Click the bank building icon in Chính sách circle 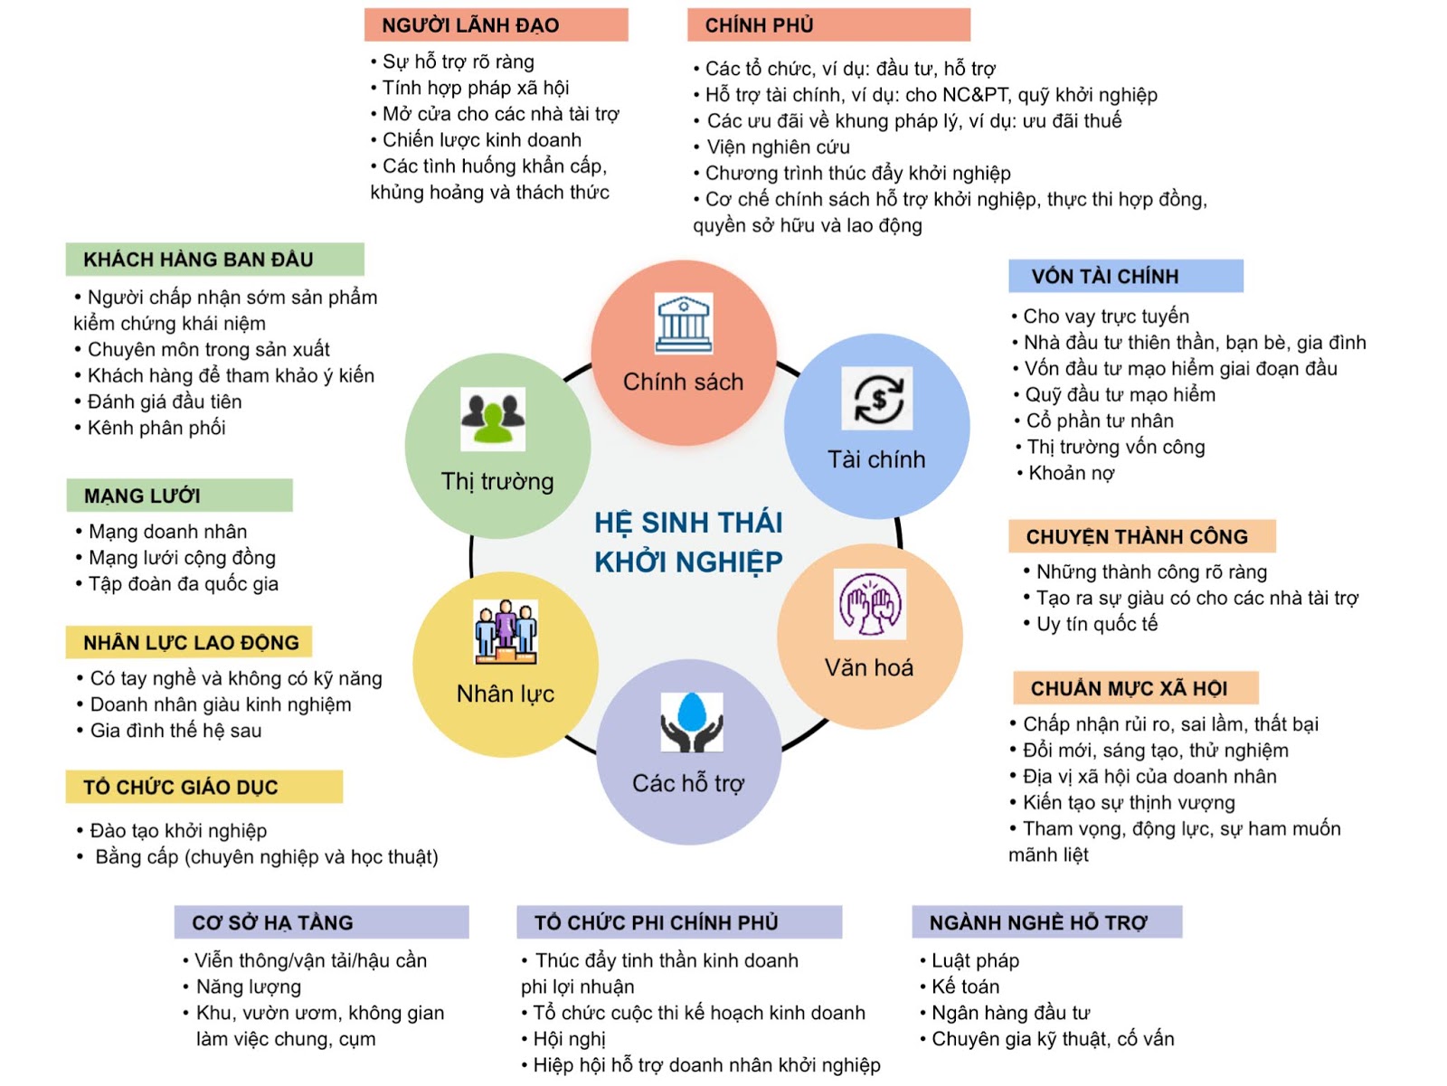684,323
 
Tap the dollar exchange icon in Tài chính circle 876,398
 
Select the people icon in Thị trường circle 493,419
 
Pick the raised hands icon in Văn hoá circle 870,604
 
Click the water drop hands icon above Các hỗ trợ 692,722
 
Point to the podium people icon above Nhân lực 506,630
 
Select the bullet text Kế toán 965,987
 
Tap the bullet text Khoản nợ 1071,473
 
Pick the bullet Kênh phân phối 156,428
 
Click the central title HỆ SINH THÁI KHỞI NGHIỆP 688,542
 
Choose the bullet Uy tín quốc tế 1096,624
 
